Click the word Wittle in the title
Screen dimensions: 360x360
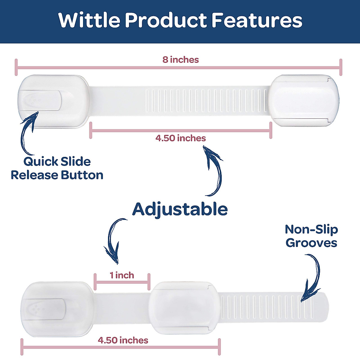pyautogui.click(x=89, y=20)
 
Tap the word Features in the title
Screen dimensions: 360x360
pyautogui.click(x=257, y=20)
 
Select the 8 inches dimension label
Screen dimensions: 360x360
pyautogui.click(x=181, y=60)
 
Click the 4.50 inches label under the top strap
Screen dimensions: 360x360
pyautogui.click(x=181, y=138)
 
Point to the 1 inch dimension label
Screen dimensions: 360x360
pyautogui.click(x=122, y=275)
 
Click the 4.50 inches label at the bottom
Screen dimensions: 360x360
pyautogui.click(x=123, y=340)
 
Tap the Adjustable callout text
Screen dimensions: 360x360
pyautogui.click(x=180, y=209)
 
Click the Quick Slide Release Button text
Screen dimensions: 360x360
pyautogui.click(x=57, y=168)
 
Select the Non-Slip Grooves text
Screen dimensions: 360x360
pyautogui.click(x=311, y=236)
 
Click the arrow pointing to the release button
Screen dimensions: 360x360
pyautogui.click(x=27, y=132)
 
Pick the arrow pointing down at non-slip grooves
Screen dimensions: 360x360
pyautogui.click(x=312, y=277)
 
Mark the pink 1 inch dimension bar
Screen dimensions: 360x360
pyautogui.click(x=122, y=282)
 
